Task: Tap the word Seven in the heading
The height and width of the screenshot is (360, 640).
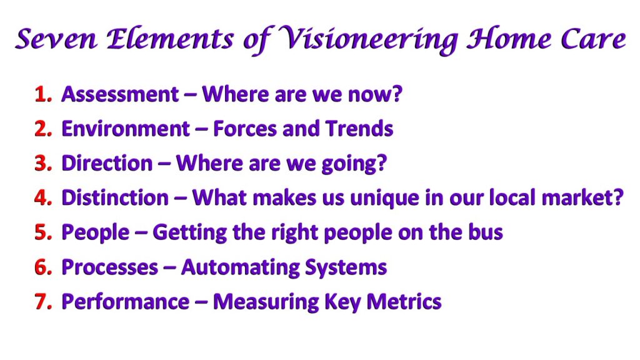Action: pyautogui.click(x=56, y=39)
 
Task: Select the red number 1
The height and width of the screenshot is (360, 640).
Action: pyautogui.click(x=43, y=94)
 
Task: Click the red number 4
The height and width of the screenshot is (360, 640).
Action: pyautogui.click(x=43, y=197)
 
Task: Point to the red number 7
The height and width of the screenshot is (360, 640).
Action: pyautogui.click(x=43, y=302)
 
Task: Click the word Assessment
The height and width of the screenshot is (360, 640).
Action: pyautogui.click(x=120, y=94)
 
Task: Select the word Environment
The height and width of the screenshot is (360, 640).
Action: pyautogui.click(x=126, y=129)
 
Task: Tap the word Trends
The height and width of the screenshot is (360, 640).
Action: pyautogui.click(x=359, y=129)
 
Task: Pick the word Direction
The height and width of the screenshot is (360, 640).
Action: pyautogui.click(x=107, y=163)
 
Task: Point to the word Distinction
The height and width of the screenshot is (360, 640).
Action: pyautogui.click(x=115, y=198)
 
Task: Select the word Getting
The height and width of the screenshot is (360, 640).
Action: pyautogui.click(x=190, y=233)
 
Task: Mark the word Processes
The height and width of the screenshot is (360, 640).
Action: pyautogui.click(x=110, y=267)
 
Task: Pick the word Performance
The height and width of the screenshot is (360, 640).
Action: pyautogui.click(x=126, y=302)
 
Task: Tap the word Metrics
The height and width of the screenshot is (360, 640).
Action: pyautogui.click(x=404, y=302)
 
